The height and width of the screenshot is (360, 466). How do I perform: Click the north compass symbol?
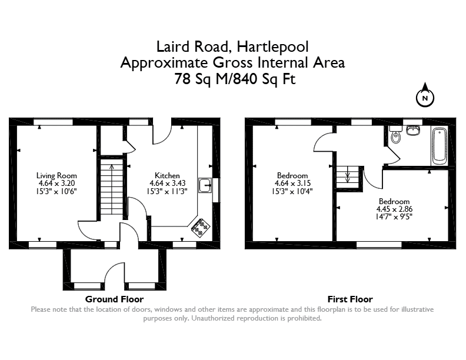pyautogui.click(x=425, y=95)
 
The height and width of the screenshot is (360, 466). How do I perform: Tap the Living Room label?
pyautogui.click(x=56, y=175)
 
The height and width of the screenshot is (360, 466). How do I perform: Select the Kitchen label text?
pyautogui.click(x=167, y=175)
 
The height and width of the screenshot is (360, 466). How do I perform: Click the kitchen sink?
pyautogui.click(x=205, y=185)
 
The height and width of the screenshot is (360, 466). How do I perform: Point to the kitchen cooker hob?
pyautogui.click(x=200, y=228)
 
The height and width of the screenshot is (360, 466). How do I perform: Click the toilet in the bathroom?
pyautogui.click(x=395, y=135)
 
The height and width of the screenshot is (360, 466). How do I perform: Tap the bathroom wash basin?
pyautogui.click(x=413, y=130)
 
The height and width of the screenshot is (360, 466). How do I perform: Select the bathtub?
pyautogui.click(x=440, y=146)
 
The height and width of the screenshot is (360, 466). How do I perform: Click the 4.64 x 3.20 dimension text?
pyautogui.click(x=56, y=184)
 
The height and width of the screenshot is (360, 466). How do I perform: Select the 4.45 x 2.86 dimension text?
pyautogui.click(x=394, y=209)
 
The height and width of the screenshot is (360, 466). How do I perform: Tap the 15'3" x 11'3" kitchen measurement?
pyautogui.click(x=167, y=191)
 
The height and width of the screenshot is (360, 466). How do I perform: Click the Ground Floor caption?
pyautogui.click(x=114, y=299)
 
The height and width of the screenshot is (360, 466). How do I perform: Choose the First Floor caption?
pyautogui.click(x=350, y=299)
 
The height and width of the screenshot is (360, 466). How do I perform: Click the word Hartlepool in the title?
pyautogui.click(x=273, y=47)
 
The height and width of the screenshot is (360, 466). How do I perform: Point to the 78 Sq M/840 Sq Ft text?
pyautogui.click(x=235, y=79)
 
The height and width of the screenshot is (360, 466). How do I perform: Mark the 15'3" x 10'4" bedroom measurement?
pyautogui.click(x=292, y=191)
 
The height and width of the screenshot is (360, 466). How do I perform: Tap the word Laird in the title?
pyautogui.click(x=172, y=46)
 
